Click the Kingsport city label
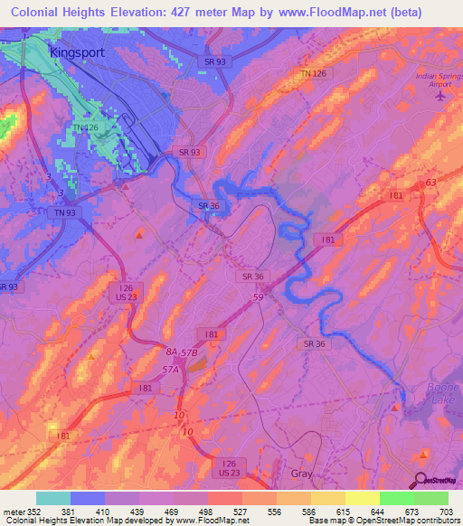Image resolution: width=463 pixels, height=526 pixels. (x=77, y=52)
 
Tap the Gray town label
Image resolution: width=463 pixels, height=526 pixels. (x=302, y=474)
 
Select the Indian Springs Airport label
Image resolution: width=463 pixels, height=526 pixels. (x=439, y=80)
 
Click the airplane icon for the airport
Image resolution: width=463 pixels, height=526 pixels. (x=440, y=98)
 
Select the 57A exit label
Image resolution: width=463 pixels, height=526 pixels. (x=169, y=370)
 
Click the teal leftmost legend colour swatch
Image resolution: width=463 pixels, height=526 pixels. (x=52, y=498)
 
